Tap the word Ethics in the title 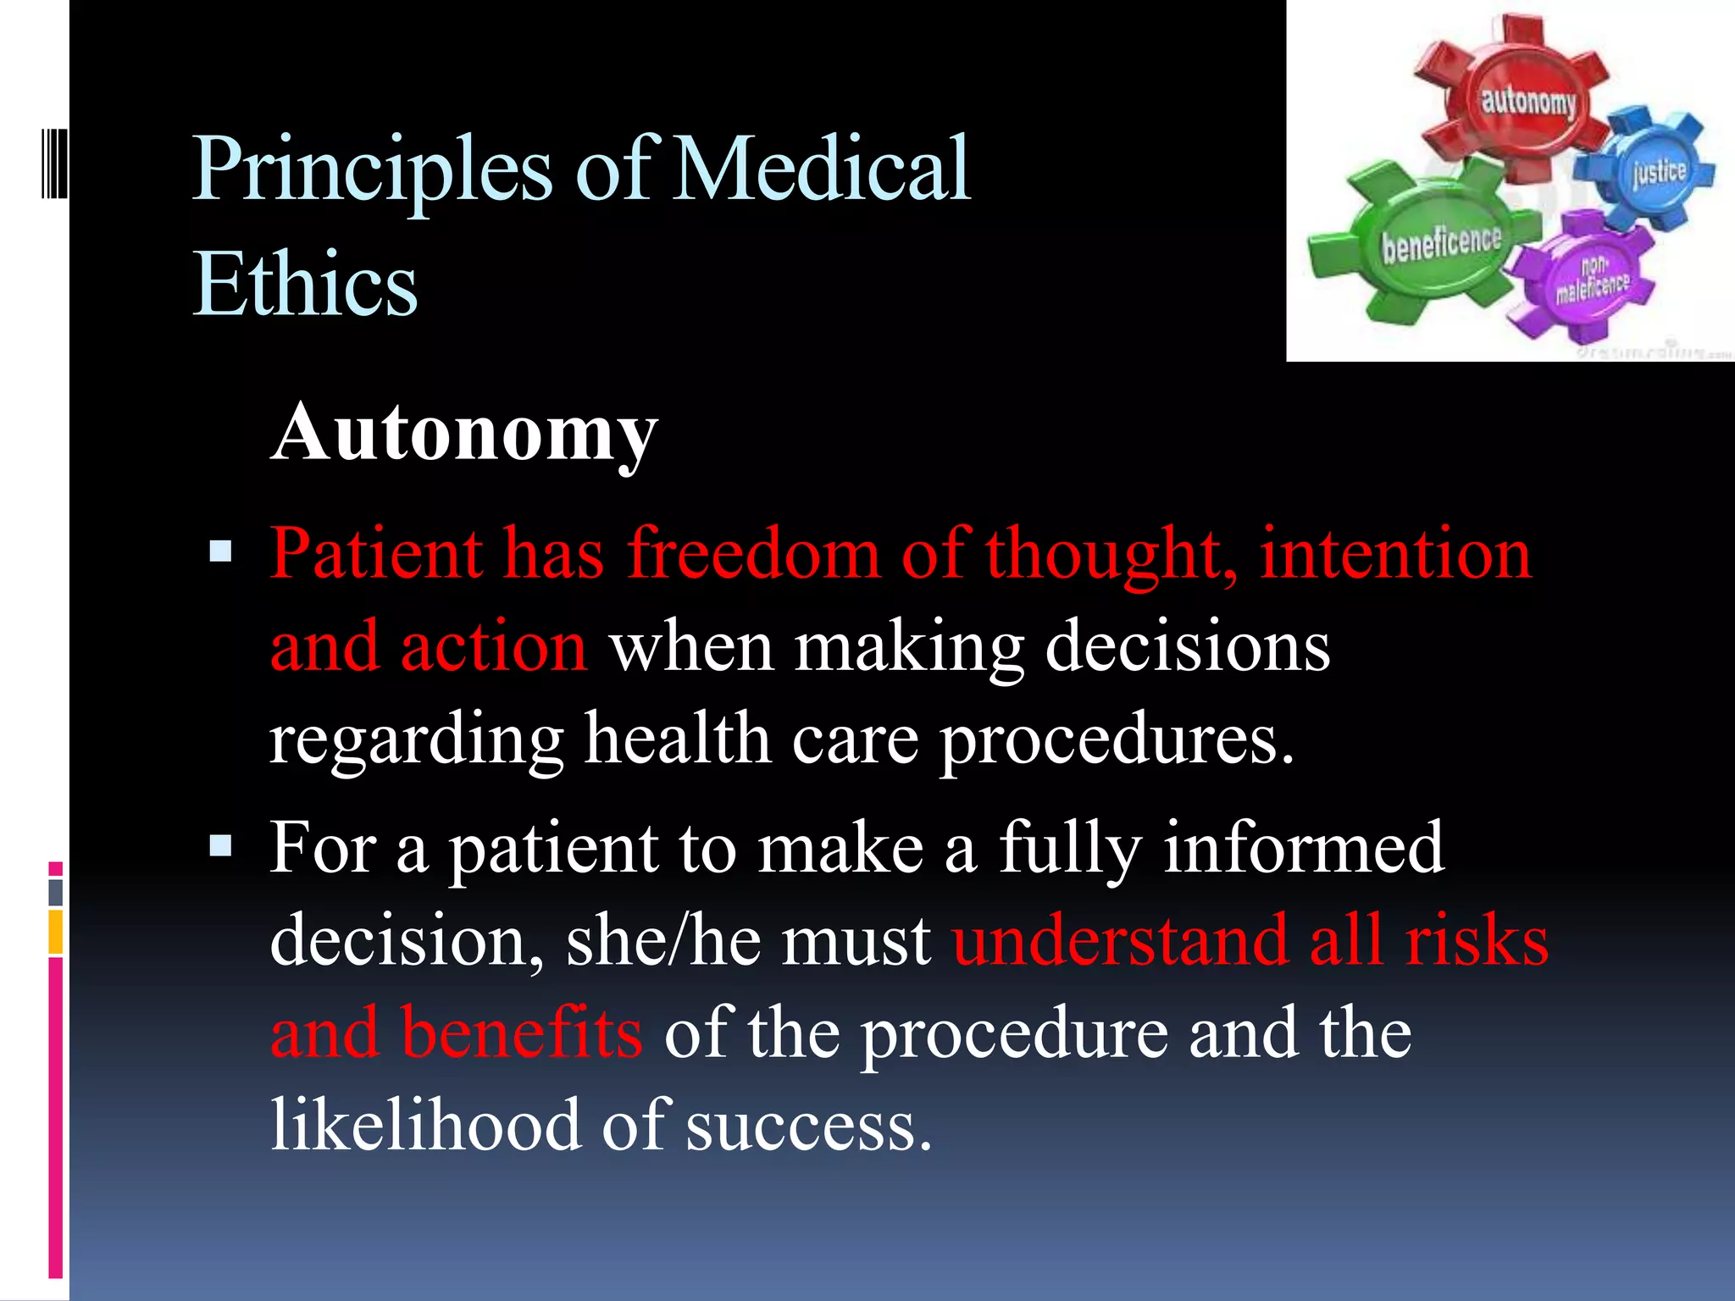(x=305, y=285)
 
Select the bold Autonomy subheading (x=464, y=433)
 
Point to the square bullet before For (x=220, y=846)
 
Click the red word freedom (x=753, y=554)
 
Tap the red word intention (x=1395, y=554)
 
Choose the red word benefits (x=522, y=1032)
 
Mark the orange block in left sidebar (x=56, y=932)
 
